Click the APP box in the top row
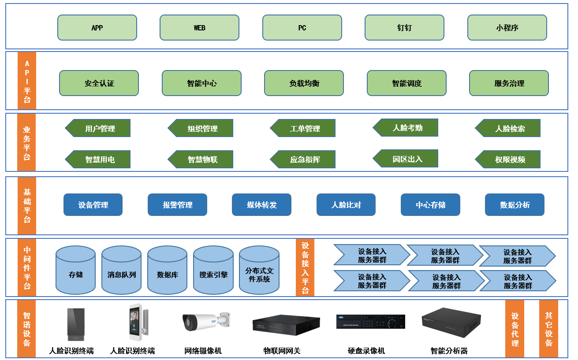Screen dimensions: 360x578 click(x=97, y=27)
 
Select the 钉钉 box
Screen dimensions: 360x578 click(x=404, y=27)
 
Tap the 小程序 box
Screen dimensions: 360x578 click(x=507, y=27)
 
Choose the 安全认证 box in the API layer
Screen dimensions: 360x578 click(x=99, y=83)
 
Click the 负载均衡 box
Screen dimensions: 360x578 click(x=304, y=83)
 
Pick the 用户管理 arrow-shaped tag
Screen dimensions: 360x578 click(x=99, y=128)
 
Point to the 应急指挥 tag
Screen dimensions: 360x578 click(x=304, y=160)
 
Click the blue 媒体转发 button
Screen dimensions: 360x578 click(x=261, y=205)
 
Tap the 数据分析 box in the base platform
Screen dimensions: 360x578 click(x=515, y=205)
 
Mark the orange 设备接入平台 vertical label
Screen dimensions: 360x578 click(x=305, y=267)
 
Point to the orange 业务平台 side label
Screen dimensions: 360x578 click(x=26, y=143)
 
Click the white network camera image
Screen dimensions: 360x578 click(x=206, y=322)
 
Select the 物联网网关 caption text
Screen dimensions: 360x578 click(x=282, y=351)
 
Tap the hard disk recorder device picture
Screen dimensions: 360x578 click(x=370, y=321)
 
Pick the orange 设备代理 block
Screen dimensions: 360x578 click(x=515, y=329)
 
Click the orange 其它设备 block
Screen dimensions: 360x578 click(x=548, y=329)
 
